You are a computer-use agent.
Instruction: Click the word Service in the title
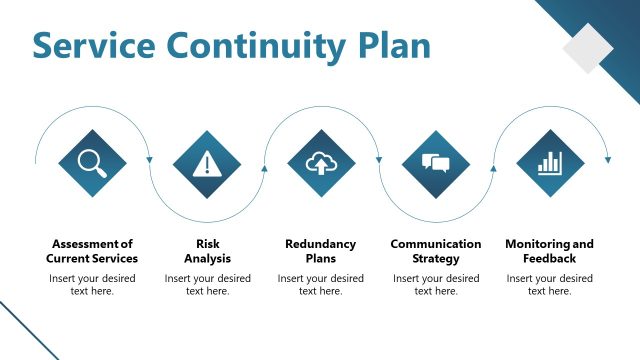point(93,46)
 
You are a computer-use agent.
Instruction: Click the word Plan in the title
point(392,46)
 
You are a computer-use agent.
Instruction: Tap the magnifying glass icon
point(92,163)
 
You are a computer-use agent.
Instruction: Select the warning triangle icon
point(207,163)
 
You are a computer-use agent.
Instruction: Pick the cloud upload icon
point(321,163)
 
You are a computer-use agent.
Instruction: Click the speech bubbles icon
point(436,163)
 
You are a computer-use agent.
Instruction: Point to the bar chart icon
point(550,163)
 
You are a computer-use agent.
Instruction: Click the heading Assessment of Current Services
point(92,251)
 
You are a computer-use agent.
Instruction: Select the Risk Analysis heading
point(207,251)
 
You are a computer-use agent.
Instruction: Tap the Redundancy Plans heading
point(321,251)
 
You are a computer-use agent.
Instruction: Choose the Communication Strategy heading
point(436,251)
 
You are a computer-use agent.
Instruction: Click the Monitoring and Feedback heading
point(550,251)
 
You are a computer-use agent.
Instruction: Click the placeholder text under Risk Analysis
point(207,284)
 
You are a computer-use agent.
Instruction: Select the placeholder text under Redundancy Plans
point(321,284)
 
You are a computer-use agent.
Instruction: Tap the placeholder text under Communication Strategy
point(436,284)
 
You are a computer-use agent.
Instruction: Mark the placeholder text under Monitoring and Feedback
point(550,284)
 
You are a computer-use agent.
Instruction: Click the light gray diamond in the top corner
point(588,49)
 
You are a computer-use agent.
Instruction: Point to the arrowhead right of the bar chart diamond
point(607,159)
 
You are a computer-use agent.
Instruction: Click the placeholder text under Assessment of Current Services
point(92,284)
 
